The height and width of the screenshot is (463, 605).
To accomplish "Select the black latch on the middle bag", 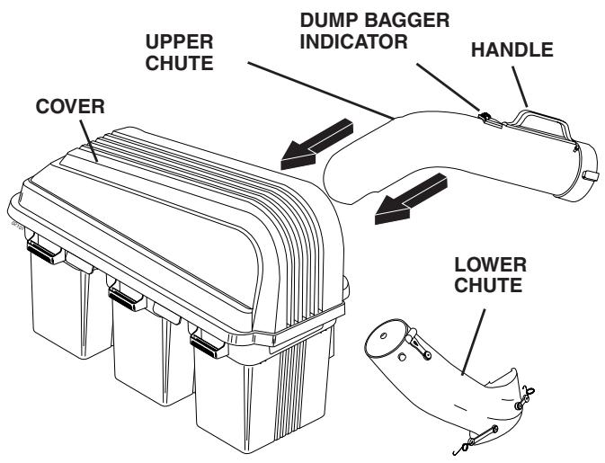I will (x=123, y=294).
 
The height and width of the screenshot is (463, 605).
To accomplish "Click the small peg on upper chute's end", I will (x=589, y=174).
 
